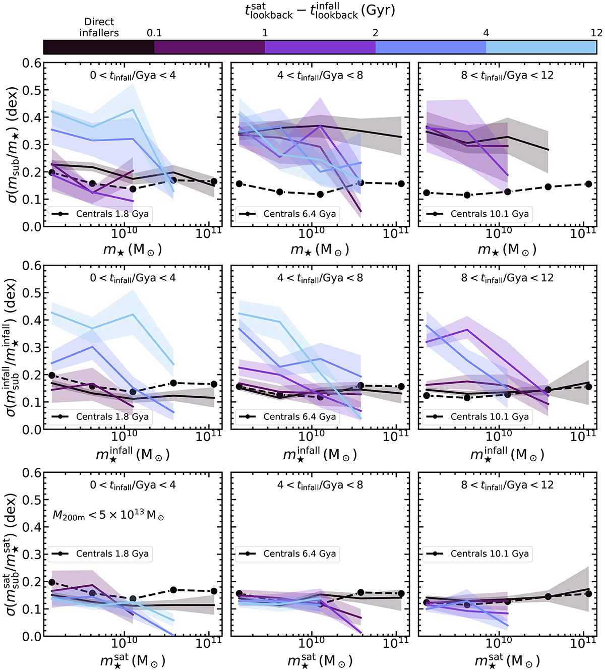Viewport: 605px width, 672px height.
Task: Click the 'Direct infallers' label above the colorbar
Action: (99, 27)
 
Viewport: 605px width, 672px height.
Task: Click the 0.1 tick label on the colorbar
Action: (154, 33)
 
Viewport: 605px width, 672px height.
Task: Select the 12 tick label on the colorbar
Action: (596, 33)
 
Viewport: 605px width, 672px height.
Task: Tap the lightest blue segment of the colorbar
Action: (541, 47)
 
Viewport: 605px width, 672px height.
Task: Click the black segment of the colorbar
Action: (99, 47)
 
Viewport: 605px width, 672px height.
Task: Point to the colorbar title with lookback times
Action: (320, 11)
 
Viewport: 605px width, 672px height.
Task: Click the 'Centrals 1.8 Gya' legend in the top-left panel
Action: (100, 214)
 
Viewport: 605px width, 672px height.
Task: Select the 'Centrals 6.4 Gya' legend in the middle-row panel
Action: (287, 416)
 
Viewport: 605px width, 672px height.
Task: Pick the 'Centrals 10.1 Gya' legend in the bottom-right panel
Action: (475, 554)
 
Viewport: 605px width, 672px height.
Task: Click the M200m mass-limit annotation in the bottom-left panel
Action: (108, 515)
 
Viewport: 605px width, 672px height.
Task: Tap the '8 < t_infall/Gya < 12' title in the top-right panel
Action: (507, 76)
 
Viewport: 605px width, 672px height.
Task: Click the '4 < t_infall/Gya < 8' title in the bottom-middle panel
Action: (320, 485)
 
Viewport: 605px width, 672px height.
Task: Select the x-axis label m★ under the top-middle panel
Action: (320, 249)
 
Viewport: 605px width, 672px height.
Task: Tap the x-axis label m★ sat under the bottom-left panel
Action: (133, 660)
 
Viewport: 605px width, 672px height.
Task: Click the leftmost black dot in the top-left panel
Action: (52, 172)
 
